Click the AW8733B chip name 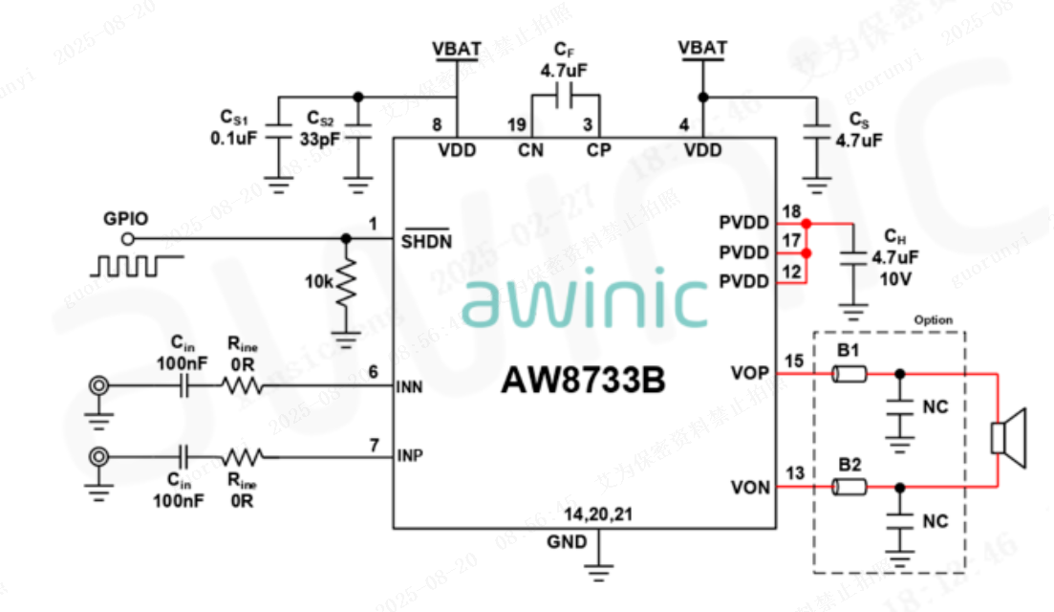[583, 382]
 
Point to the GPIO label [125, 218]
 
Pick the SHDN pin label [426, 240]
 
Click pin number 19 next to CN [517, 125]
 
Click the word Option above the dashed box [933, 319]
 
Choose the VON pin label [750, 488]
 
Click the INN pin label [410, 388]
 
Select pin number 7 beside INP [374, 445]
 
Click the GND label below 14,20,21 [566, 541]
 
